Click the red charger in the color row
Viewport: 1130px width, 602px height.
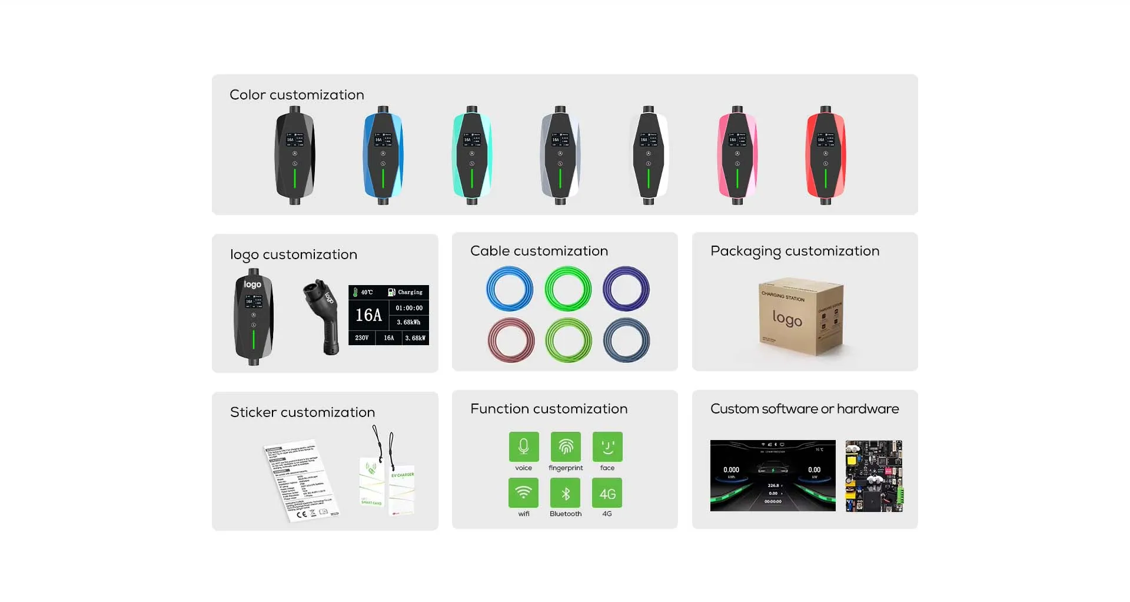(825, 156)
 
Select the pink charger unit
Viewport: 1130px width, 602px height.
(737, 156)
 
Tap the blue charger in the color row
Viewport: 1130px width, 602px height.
(383, 156)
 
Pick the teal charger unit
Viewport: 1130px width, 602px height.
(471, 156)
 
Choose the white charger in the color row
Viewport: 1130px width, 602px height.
(649, 156)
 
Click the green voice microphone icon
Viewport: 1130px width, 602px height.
(523, 446)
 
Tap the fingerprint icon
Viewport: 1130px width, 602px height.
(566, 446)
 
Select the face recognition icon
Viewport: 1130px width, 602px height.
(607, 446)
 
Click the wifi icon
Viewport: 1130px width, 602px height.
(523, 492)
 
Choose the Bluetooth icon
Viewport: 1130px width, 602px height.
(566, 492)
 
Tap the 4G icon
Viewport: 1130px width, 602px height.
(607, 492)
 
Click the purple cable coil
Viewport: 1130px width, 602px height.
(626, 289)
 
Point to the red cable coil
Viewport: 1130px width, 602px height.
(511, 340)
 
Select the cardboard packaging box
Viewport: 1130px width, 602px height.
(801, 317)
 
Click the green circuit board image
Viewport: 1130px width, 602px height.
(874, 476)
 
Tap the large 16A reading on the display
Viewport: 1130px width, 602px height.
(368, 315)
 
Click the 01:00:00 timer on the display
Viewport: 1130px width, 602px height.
(409, 308)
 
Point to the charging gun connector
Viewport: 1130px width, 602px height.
(323, 315)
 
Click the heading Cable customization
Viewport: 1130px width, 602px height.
(539, 251)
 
